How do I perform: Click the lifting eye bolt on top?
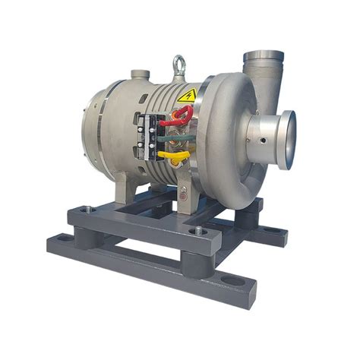(179, 65)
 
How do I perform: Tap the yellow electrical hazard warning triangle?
(187, 96)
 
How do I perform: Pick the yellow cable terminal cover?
(174, 156)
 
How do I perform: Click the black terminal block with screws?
(150, 137)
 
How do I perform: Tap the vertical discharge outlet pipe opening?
(263, 57)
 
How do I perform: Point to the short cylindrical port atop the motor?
(140, 74)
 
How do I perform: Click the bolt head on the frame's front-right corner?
(198, 229)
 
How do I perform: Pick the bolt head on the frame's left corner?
(85, 209)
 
